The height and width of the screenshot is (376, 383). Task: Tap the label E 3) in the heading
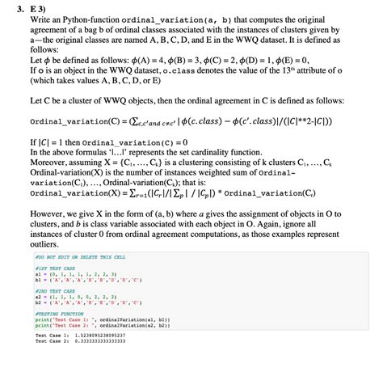tap(36, 6)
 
